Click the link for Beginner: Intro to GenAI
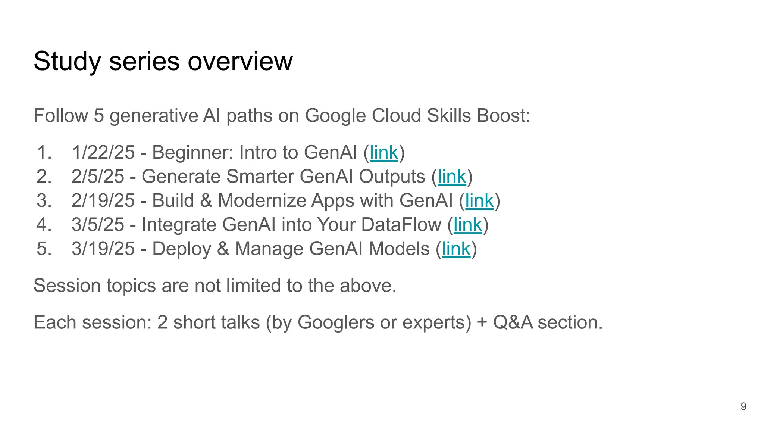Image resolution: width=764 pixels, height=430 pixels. pos(384,153)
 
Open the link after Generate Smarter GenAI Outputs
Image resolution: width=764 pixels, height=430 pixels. pos(452,177)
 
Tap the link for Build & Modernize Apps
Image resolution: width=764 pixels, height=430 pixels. pos(479,201)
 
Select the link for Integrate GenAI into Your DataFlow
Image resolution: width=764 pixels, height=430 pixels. pos(468,225)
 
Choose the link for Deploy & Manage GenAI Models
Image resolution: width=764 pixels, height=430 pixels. pos(456,249)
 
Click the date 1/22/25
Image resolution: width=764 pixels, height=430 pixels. pos(103,153)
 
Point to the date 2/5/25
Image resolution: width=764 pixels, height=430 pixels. pos(98,177)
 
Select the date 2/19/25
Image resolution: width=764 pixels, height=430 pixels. pos(103,201)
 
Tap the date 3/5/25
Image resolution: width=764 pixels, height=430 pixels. pos(98,225)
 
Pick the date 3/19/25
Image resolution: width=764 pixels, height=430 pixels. pos(103,249)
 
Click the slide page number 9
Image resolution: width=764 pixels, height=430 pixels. pos(743,406)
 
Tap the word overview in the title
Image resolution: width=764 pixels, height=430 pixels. pos(240,62)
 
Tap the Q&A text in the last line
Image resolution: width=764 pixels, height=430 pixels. pos(513,322)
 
